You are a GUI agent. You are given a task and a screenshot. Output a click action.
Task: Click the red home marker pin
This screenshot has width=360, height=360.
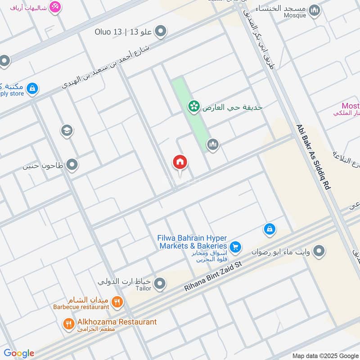[180, 162]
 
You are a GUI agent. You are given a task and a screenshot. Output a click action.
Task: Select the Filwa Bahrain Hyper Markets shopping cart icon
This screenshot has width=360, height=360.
[235, 247]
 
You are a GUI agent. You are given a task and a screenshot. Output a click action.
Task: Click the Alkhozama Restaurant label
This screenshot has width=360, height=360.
[116, 322]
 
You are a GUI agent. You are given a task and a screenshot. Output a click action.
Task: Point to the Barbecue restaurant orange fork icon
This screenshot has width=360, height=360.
[117, 302]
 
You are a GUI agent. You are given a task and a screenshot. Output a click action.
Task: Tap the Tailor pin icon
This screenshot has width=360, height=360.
[159, 283]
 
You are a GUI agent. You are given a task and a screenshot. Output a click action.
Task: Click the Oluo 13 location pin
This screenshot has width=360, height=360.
[161, 31]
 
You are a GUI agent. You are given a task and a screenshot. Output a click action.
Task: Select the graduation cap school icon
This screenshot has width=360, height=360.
[67, 130]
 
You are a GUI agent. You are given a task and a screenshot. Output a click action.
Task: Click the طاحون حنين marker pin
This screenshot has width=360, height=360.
[72, 166]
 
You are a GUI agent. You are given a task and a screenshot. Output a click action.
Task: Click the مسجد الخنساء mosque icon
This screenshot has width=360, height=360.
[314, 11]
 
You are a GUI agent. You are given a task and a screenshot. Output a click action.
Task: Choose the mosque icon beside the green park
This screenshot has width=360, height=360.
[212, 144]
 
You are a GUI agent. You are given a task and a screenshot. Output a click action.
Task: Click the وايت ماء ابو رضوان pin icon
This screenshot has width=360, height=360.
[319, 251]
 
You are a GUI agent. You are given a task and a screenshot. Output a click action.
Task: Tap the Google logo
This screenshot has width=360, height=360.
[19, 353]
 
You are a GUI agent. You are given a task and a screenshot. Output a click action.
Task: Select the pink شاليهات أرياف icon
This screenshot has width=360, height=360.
[55, 7]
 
